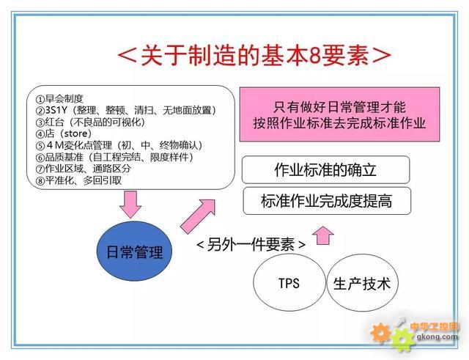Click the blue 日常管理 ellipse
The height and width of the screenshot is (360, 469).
[x=134, y=251]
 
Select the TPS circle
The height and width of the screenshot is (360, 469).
[x=289, y=283]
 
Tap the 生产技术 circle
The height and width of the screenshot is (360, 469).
[x=362, y=283]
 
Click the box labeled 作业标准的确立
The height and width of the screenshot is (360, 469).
[x=325, y=169]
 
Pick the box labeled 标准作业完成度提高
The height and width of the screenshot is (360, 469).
[x=327, y=201]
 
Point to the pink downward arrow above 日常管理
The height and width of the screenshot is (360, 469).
[x=130, y=205]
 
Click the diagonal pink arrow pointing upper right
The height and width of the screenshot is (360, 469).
[x=198, y=216]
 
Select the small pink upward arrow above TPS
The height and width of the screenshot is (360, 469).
[x=323, y=236]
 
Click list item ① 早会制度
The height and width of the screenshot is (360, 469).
[x=59, y=99]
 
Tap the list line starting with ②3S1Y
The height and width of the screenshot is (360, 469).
[x=125, y=111]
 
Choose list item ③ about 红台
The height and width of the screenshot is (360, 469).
[x=90, y=122]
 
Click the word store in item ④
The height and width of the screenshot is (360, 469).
[x=75, y=133]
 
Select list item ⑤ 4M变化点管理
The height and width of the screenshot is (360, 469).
[x=119, y=145]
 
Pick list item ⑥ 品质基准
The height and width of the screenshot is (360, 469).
[x=114, y=157]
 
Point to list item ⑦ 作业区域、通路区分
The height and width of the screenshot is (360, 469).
[x=83, y=169]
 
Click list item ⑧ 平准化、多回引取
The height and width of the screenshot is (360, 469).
[x=78, y=180]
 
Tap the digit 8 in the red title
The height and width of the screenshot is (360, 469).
[x=314, y=56]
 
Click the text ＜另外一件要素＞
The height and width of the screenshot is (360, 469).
[x=251, y=244]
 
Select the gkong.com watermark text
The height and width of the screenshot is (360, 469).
[x=437, y=337]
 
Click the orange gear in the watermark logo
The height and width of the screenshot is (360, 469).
[x=380, y=332]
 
